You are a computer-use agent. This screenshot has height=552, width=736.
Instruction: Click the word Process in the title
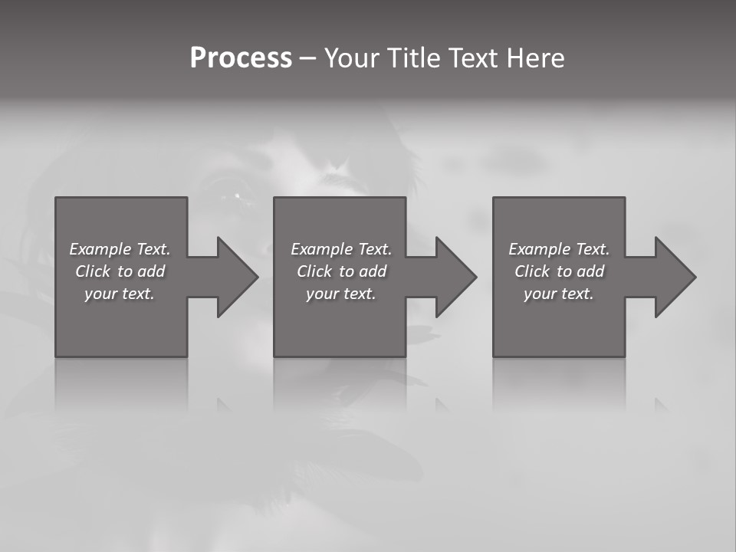pyautogui.click(x=241, y=58)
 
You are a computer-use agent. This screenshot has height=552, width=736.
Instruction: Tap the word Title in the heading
pyautogui.click(x=411, y=58)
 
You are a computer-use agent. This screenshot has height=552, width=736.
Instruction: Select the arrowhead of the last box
pyautogui.click(x=674, y=277)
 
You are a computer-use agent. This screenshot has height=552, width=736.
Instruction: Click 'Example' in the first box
pyautogui.click(x=100, y=249)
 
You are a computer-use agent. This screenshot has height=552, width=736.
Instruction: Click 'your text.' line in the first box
pyautogui.click(x=120, y=294)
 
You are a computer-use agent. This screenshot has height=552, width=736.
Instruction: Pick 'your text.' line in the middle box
pyautogui.click(x=340, y=294)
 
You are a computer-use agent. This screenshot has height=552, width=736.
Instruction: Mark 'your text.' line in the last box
pyautogui.click(x=559, y=294)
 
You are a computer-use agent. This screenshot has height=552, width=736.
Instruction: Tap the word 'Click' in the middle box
pyautogui.click(x=314, y=271)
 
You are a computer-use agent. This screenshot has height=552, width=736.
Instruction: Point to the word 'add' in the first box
pyautogui.click(x=152, y=271)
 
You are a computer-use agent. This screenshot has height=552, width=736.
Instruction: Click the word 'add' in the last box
pyautogui.click(x=591, y=271)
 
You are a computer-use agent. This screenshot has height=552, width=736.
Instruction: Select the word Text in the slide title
pyautogui.click(x=472, y=58)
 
